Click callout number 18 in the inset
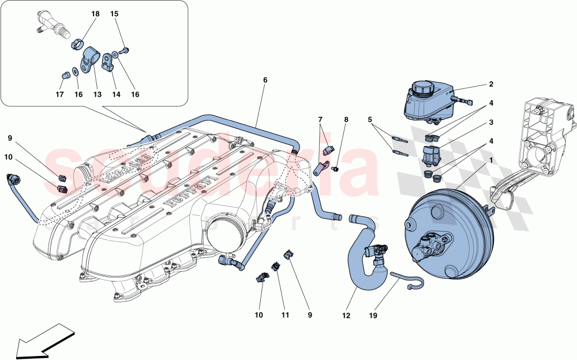95,13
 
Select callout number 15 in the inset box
114,13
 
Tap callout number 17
59,95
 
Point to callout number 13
96,95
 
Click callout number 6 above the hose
265,80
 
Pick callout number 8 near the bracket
346,120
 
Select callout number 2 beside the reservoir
491,84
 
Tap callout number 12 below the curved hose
346,316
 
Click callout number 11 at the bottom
285,316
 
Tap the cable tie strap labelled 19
407,280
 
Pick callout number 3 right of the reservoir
491,122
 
